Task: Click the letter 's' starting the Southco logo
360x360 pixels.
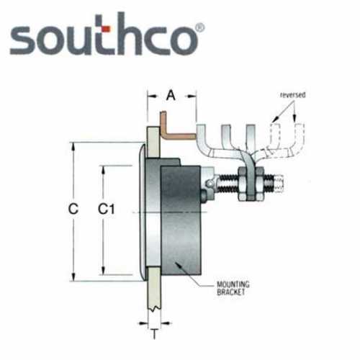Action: pos(23,40)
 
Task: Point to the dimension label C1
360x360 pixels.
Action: pos(107,210)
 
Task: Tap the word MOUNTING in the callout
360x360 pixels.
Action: pos(230,285)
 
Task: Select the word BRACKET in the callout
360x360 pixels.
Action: pos(230,293)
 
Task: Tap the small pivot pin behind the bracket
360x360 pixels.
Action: pos(207,188)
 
